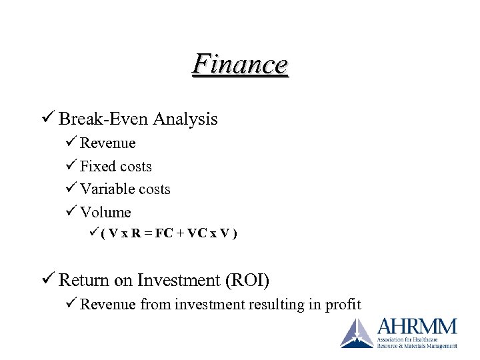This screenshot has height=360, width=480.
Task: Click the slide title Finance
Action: (x=240, y=65)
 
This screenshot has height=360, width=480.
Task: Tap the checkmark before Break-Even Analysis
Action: (x=49, y=119)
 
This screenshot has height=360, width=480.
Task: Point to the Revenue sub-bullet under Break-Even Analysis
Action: (x=107, y=143)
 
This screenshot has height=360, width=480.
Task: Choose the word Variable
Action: (x=107, y=189)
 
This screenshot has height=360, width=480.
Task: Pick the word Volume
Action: (x=105, y=213)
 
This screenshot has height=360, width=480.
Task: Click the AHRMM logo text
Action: (x=417, y=327)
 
